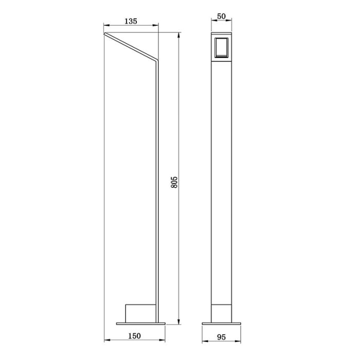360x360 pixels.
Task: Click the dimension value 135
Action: coord(131,22)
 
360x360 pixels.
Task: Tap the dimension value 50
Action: coord(221,16)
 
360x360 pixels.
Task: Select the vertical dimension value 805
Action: coord(174,182)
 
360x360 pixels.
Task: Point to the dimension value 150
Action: coord(134,336)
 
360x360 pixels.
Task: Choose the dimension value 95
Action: coord(221,337)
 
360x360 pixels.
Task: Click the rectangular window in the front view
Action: coord(221,47)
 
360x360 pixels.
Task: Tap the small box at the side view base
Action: coord(140,313)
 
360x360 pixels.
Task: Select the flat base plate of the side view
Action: coord(141,323)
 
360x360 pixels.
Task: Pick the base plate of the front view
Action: coord(221,323)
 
